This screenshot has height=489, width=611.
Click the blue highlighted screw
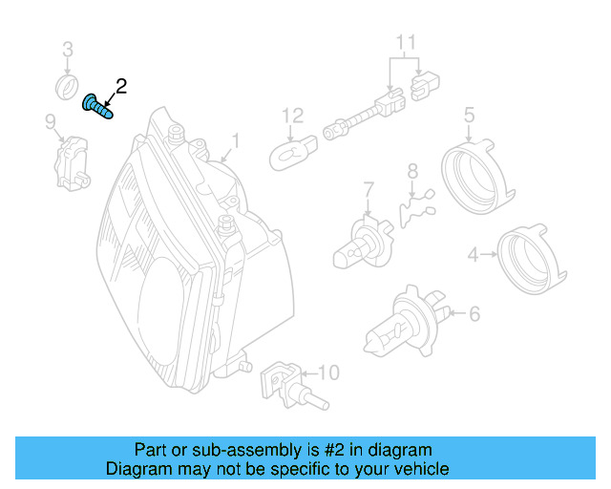[97, 106]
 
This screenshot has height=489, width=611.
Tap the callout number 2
[121, 87]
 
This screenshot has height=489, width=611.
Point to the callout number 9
[50, 120]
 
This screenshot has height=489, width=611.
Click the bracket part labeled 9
[71, 159]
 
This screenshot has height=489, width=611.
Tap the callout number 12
[292, 116]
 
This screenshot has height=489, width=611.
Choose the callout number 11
[407, 41]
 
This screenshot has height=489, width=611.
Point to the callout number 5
[469, 116]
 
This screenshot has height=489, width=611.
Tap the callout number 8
[412, 172]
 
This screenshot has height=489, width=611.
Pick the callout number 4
[473, 254]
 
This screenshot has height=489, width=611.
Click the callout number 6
[474, 312]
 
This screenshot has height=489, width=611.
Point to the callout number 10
[327, 372]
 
